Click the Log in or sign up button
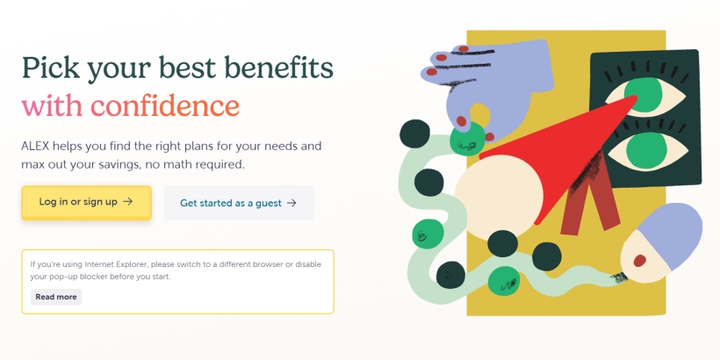click(x=86, y=202)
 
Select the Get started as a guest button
click(x=239, y=203)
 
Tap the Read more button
click(x=56, y=297)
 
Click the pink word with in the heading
click(x=52, y=105)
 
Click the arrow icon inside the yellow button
click(x=128, y=202)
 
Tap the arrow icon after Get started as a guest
click(x=292, y=203)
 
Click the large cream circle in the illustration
click(x=498, y=198)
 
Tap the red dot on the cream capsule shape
click(x=639, y=261)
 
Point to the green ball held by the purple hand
click(x=467, y=140)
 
